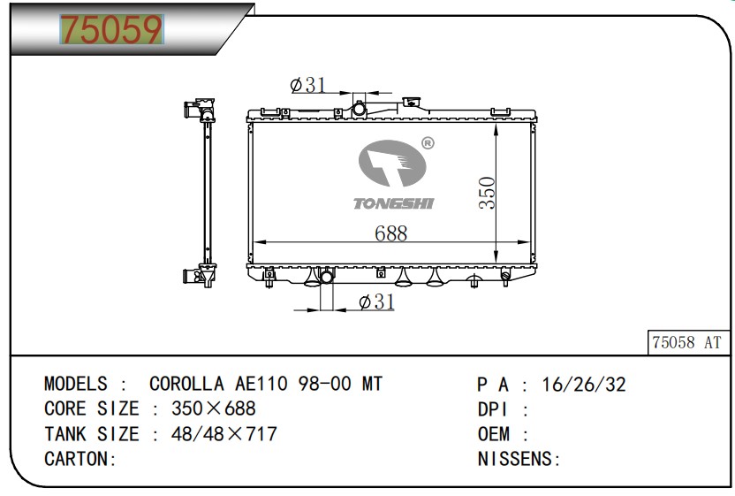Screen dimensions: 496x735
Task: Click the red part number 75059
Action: pos(111,31)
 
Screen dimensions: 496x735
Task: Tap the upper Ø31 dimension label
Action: pos(308,85)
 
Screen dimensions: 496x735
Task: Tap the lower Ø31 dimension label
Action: pos(376,302)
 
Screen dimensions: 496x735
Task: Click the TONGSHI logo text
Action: pos(393,204)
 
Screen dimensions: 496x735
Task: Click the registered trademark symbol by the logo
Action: pos(428,142)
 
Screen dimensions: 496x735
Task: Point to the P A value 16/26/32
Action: pos(585,385)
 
